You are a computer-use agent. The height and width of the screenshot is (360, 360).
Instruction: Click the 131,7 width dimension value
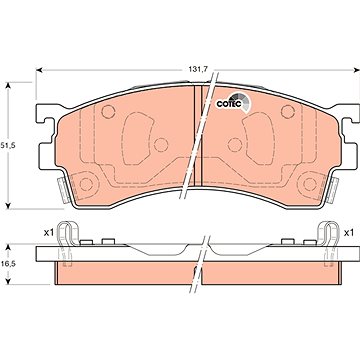(200, 70)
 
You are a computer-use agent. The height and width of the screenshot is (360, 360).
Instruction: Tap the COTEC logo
(233, 102)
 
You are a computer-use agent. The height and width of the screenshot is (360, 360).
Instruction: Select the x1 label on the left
(49, 233)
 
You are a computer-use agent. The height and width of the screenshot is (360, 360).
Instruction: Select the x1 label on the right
(348, 233)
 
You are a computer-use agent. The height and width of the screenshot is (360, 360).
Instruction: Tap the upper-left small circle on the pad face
(108, 112)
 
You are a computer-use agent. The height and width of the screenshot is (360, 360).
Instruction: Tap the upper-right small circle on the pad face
(288, 112)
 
